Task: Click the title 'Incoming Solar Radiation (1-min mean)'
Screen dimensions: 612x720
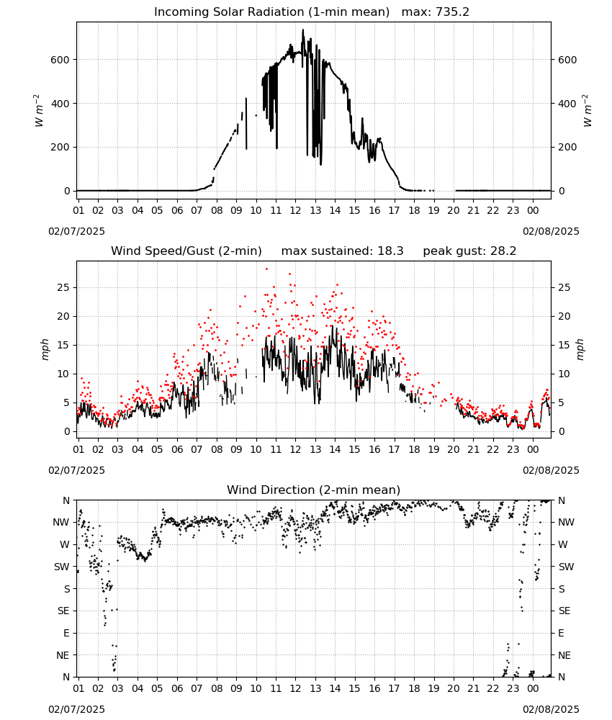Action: (x=271, y=12)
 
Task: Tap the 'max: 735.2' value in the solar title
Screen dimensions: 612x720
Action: (x=436, y=12)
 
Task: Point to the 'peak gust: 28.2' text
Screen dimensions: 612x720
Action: (x=469, y=251)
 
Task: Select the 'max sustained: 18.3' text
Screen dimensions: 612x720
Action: (x=343, y=251)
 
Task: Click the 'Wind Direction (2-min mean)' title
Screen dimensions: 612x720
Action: (x=314, y=490)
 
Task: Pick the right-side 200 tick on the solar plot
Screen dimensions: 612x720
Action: (x=567, y=148)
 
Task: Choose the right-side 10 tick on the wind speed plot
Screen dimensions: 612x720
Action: (x=564, y=374)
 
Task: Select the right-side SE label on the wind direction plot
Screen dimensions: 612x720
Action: (x=564, y=611)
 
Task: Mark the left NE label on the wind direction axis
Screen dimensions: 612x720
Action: (x=63, y=655)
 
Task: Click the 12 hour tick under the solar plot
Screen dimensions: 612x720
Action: (x=295, y=210)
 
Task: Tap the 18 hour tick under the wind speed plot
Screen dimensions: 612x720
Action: (x=414, y=449)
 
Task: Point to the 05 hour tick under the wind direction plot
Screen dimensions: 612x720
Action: (x=157, y=688)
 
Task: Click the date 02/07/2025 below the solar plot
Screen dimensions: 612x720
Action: (x=76, y=231)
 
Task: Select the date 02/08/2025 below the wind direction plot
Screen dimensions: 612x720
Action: (x=551, y=709)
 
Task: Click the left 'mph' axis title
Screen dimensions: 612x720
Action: (x=45, y=349)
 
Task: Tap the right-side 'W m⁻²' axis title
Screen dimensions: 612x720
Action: (x=588, y=111)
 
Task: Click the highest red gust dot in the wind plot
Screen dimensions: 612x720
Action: (x=266, y=269)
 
